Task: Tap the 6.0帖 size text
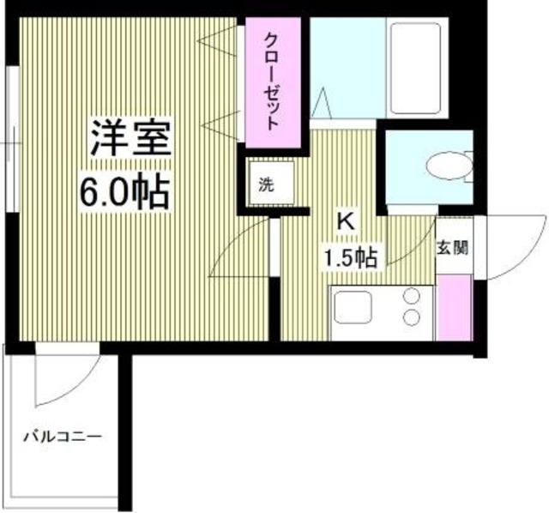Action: coord(125,193)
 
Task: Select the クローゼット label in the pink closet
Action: coord(272,80)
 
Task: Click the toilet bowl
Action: coord(446,166)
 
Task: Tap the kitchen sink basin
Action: coord(353,311)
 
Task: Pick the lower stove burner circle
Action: coord(413,319)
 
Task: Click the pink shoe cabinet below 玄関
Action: coord(454,307)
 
